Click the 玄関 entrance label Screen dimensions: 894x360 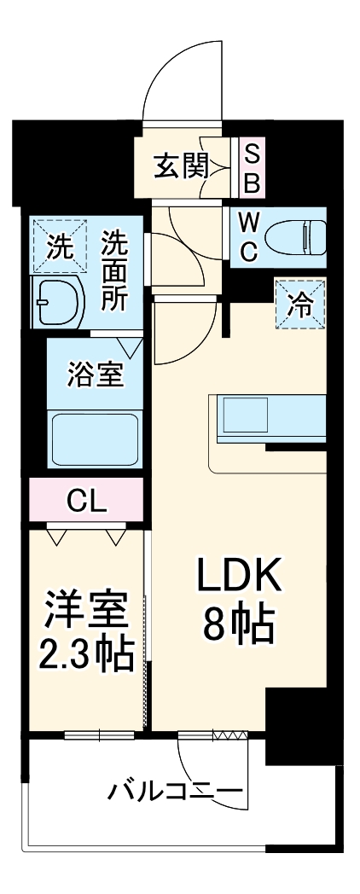pyautogui.click(x=180, y=165)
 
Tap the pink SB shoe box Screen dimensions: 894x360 pyautogui.click(x=253, y=167)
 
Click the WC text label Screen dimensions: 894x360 pyautogui.click(x=248, y=236)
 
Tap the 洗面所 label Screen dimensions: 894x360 pyautogui.click(x=113, y=272)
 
